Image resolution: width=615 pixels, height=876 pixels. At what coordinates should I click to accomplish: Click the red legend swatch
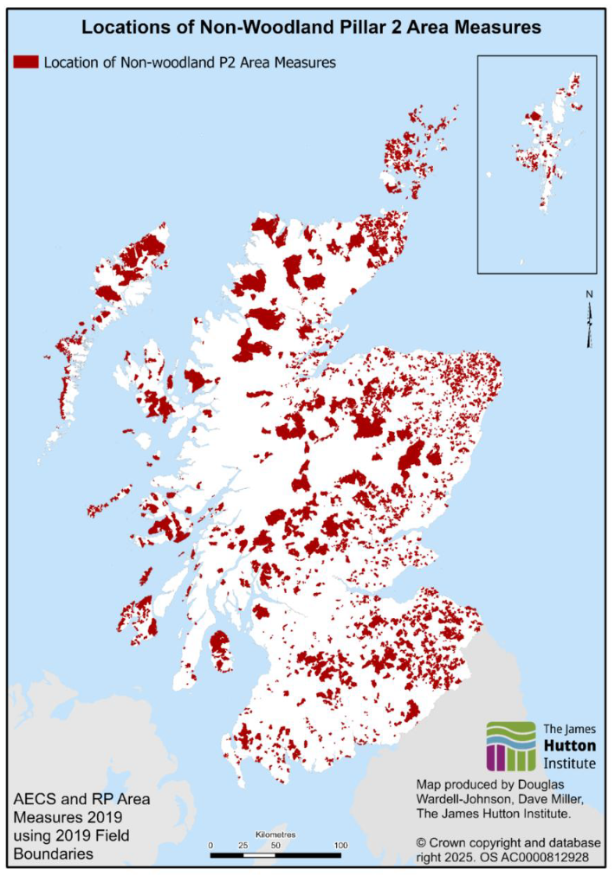pos(25,62)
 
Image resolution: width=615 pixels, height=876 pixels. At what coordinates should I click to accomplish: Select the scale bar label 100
pos(340,845)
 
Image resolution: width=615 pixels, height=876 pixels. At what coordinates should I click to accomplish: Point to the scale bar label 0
pos(211,845)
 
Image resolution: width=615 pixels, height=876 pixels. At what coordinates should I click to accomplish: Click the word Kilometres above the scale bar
pos(275,834)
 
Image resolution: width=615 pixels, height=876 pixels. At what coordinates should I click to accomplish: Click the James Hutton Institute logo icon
pos(510,745)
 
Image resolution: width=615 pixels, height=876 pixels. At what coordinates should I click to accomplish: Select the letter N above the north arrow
pos(589,294)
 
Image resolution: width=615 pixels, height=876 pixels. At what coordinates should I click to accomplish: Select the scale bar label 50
pos(275,845)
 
